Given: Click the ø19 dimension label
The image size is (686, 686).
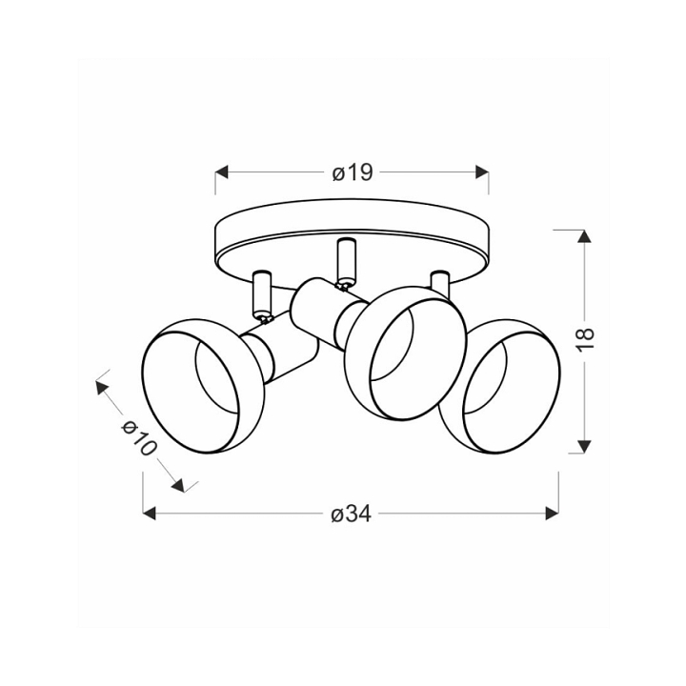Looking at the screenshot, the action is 353,172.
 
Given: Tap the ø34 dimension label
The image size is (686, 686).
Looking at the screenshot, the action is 351,514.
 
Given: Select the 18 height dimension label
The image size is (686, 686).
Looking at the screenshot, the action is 585,338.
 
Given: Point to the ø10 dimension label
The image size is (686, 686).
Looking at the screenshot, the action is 139,437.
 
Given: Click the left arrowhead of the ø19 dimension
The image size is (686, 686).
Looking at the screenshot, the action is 222,172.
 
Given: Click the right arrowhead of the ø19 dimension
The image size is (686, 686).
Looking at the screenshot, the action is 482,172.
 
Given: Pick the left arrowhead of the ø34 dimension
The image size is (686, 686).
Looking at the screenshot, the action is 150,514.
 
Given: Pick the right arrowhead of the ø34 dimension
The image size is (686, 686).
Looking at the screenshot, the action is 552,514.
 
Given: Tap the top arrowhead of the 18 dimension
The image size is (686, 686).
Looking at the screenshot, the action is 584,236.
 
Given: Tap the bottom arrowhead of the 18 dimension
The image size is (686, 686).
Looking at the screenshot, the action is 584,446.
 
